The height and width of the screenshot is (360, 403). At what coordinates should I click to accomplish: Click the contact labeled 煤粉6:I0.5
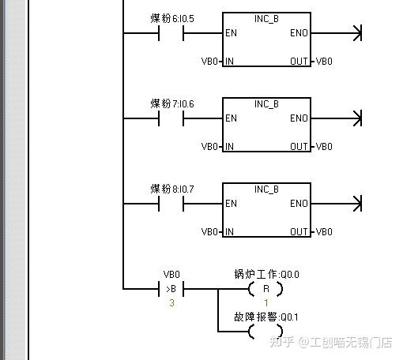click(171, 33)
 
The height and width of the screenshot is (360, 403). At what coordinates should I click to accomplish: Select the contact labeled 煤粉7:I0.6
click(171, 118)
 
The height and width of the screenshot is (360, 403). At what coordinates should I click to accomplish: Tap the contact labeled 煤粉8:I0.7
click(171, 204)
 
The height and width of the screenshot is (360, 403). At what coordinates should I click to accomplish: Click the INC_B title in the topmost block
click(266, 18)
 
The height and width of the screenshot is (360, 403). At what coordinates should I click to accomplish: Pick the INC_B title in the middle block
click(266, 103)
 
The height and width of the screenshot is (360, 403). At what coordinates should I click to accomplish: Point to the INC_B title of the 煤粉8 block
click(266, 189)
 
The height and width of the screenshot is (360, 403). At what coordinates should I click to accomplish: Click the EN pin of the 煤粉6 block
click(231, 33)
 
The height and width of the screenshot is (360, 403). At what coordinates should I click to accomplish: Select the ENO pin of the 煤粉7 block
click(299, 118)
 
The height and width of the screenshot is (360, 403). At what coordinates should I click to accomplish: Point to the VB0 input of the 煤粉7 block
click(209, 146)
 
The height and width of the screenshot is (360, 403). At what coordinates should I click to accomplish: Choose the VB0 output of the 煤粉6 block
click(324, 61)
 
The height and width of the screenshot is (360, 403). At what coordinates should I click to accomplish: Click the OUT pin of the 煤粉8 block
click(299, 232)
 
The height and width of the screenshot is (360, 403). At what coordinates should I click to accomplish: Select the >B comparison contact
click(171, 289)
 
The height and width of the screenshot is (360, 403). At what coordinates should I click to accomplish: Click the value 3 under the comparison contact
click(171, 303)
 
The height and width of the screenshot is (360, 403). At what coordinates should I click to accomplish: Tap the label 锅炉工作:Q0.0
click(266, 275)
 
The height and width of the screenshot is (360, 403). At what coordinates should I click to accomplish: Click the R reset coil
click(266, 289)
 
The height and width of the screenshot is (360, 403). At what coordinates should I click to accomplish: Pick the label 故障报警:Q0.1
click(266, 317)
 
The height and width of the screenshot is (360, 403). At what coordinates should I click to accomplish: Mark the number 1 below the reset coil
click(266, 303)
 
